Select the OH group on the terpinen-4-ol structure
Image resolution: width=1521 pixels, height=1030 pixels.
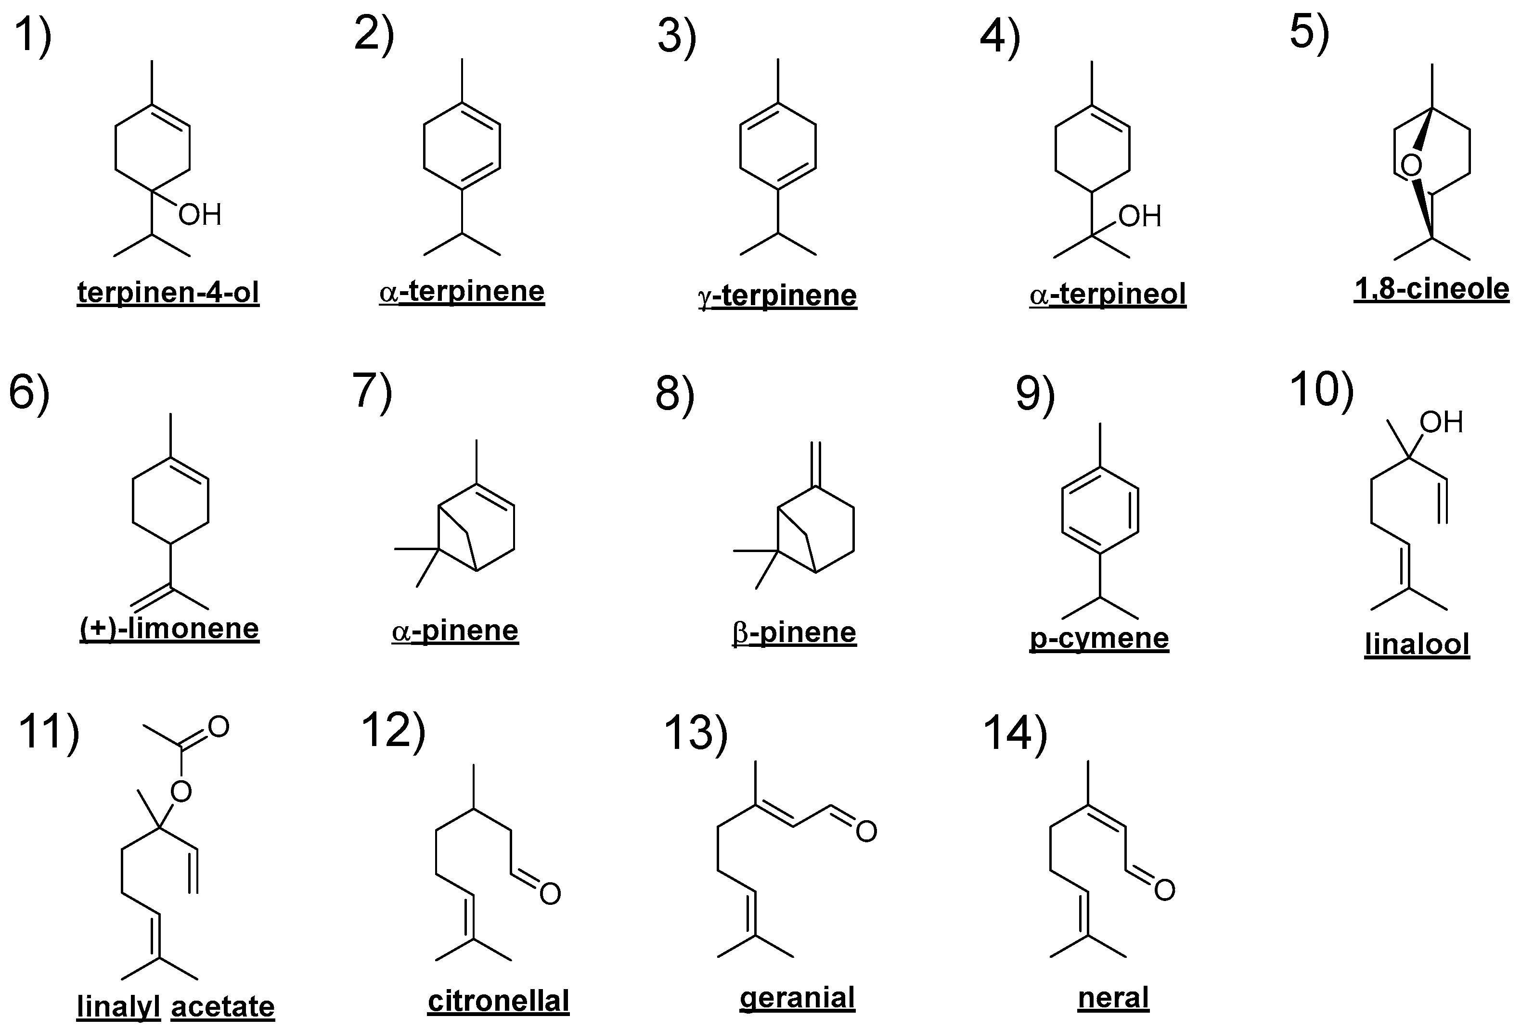click(200, 215)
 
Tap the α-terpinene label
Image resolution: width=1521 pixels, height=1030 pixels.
click(462, 291)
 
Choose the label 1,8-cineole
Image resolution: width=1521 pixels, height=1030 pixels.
click(1431, 289)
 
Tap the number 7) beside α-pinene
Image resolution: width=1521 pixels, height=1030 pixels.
click(372, 391)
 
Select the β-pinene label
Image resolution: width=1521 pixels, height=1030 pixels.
click(794, 632)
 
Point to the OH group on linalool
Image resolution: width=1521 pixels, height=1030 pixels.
click(1441, 422)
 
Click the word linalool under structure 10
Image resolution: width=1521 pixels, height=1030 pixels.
click(1417, 644)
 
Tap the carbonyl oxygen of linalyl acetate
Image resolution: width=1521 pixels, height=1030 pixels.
click(218, 726)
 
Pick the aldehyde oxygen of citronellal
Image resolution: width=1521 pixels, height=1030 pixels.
click(550, 894)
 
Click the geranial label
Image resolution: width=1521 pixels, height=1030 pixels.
click(797, 998)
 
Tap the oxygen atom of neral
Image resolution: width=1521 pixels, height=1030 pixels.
click(1164, 890)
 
